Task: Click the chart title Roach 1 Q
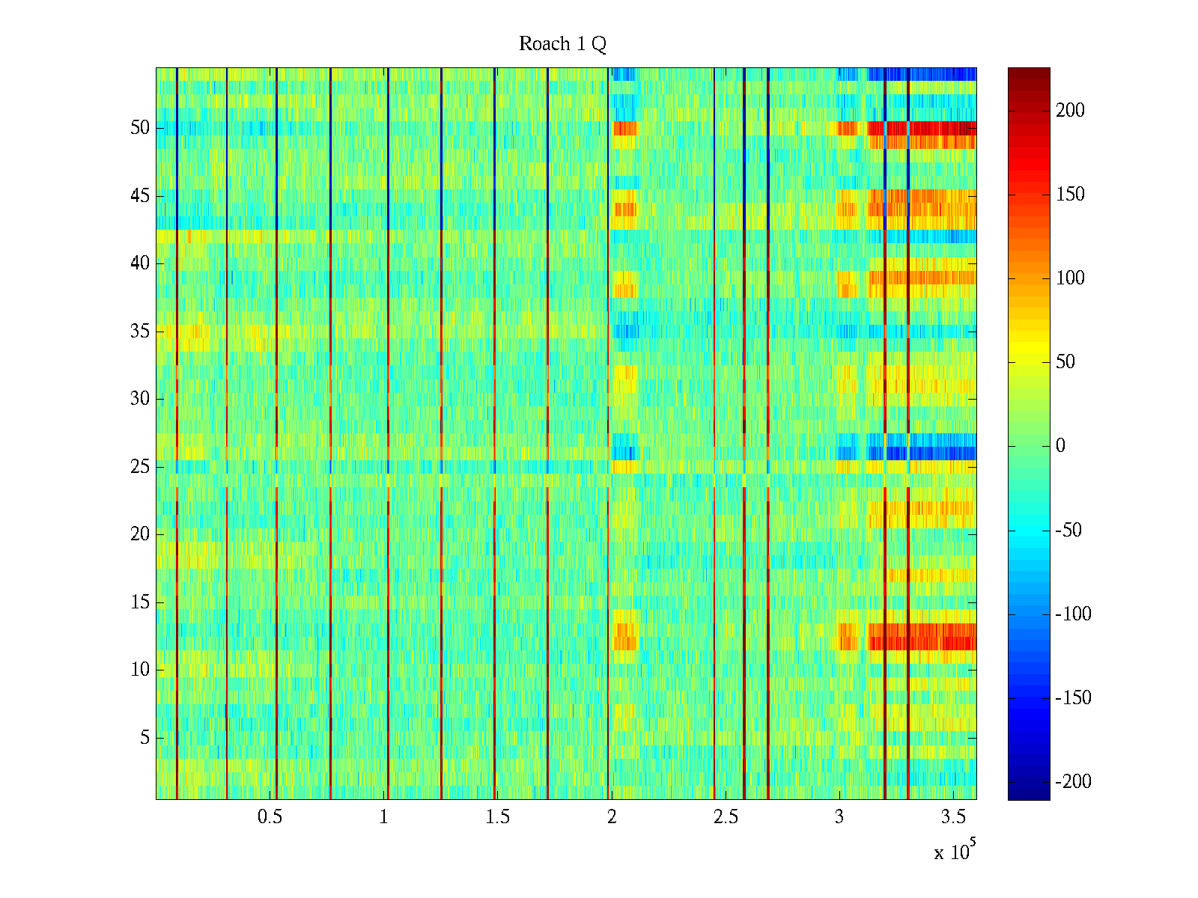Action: (x=562, y=45)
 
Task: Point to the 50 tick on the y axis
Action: (x=140, y=128)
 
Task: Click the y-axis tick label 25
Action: (x=140, y=467)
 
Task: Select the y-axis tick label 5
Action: (x=145, y=738)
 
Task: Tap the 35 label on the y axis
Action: (x=140, y=332)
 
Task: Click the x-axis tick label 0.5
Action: (x=270, y=817)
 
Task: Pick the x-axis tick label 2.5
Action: (x=726, y=817)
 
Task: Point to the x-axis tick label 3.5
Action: (x=953, y=817)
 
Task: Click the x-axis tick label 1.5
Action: (x=497, y=817)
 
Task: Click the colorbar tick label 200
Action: (x=1070, y=111)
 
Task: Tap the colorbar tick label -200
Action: (x=1072, y=782)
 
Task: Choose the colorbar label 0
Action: (x=1060, y=446)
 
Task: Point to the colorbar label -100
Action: (x=1072, y=614)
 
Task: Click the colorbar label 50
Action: (x=1065, y=362)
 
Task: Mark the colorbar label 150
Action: (x=1070, y=195)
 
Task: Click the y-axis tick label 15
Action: (x=140, y=602)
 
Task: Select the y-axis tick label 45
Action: (x=140, y=196)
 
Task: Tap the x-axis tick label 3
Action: (x=839, y=817)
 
